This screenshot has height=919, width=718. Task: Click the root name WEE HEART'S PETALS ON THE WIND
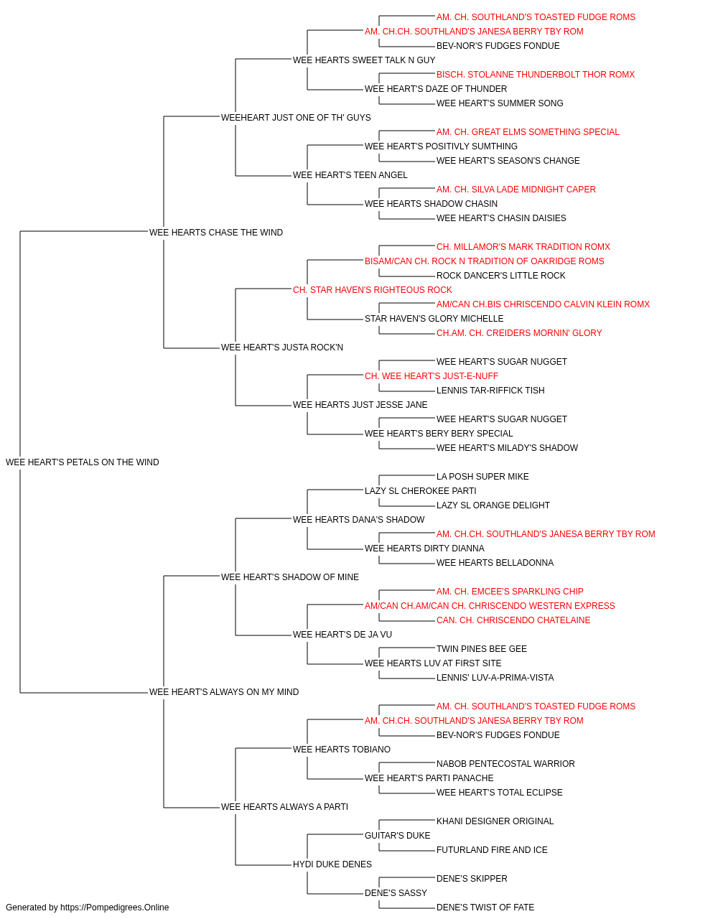(83, 462)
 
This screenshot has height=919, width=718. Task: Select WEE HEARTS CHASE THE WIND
(216, 233)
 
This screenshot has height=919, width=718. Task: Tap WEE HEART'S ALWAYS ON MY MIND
(224, 692)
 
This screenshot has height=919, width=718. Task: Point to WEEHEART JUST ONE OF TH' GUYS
(296, 118)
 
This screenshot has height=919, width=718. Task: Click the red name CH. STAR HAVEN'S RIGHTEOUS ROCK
(373, 290)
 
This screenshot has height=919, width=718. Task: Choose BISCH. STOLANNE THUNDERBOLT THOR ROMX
(536, 75)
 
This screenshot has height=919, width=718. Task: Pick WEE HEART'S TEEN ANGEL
(350, 175)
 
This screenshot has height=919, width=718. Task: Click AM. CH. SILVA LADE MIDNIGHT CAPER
(516, 190)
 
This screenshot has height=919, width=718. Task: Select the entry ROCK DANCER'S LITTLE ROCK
(501, 276)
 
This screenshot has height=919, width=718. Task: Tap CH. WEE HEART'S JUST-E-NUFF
(432, 376)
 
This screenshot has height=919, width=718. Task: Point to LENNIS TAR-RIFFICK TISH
(490, 391)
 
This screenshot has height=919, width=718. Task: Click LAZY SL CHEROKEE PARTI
(421, 491)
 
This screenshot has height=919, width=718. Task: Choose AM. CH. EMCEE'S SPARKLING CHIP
(510, 592)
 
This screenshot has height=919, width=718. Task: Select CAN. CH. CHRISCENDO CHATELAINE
(514, 620)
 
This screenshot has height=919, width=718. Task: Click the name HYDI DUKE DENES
(332, 864)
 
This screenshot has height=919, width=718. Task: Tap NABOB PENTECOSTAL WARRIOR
(505, 764)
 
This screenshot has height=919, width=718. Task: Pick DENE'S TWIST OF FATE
(485, 908)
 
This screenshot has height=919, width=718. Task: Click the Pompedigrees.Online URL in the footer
(115, 908)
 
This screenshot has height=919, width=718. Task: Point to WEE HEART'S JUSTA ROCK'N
(282, 347)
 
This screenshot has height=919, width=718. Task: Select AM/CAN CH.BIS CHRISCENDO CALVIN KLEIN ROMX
(544, 304)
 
